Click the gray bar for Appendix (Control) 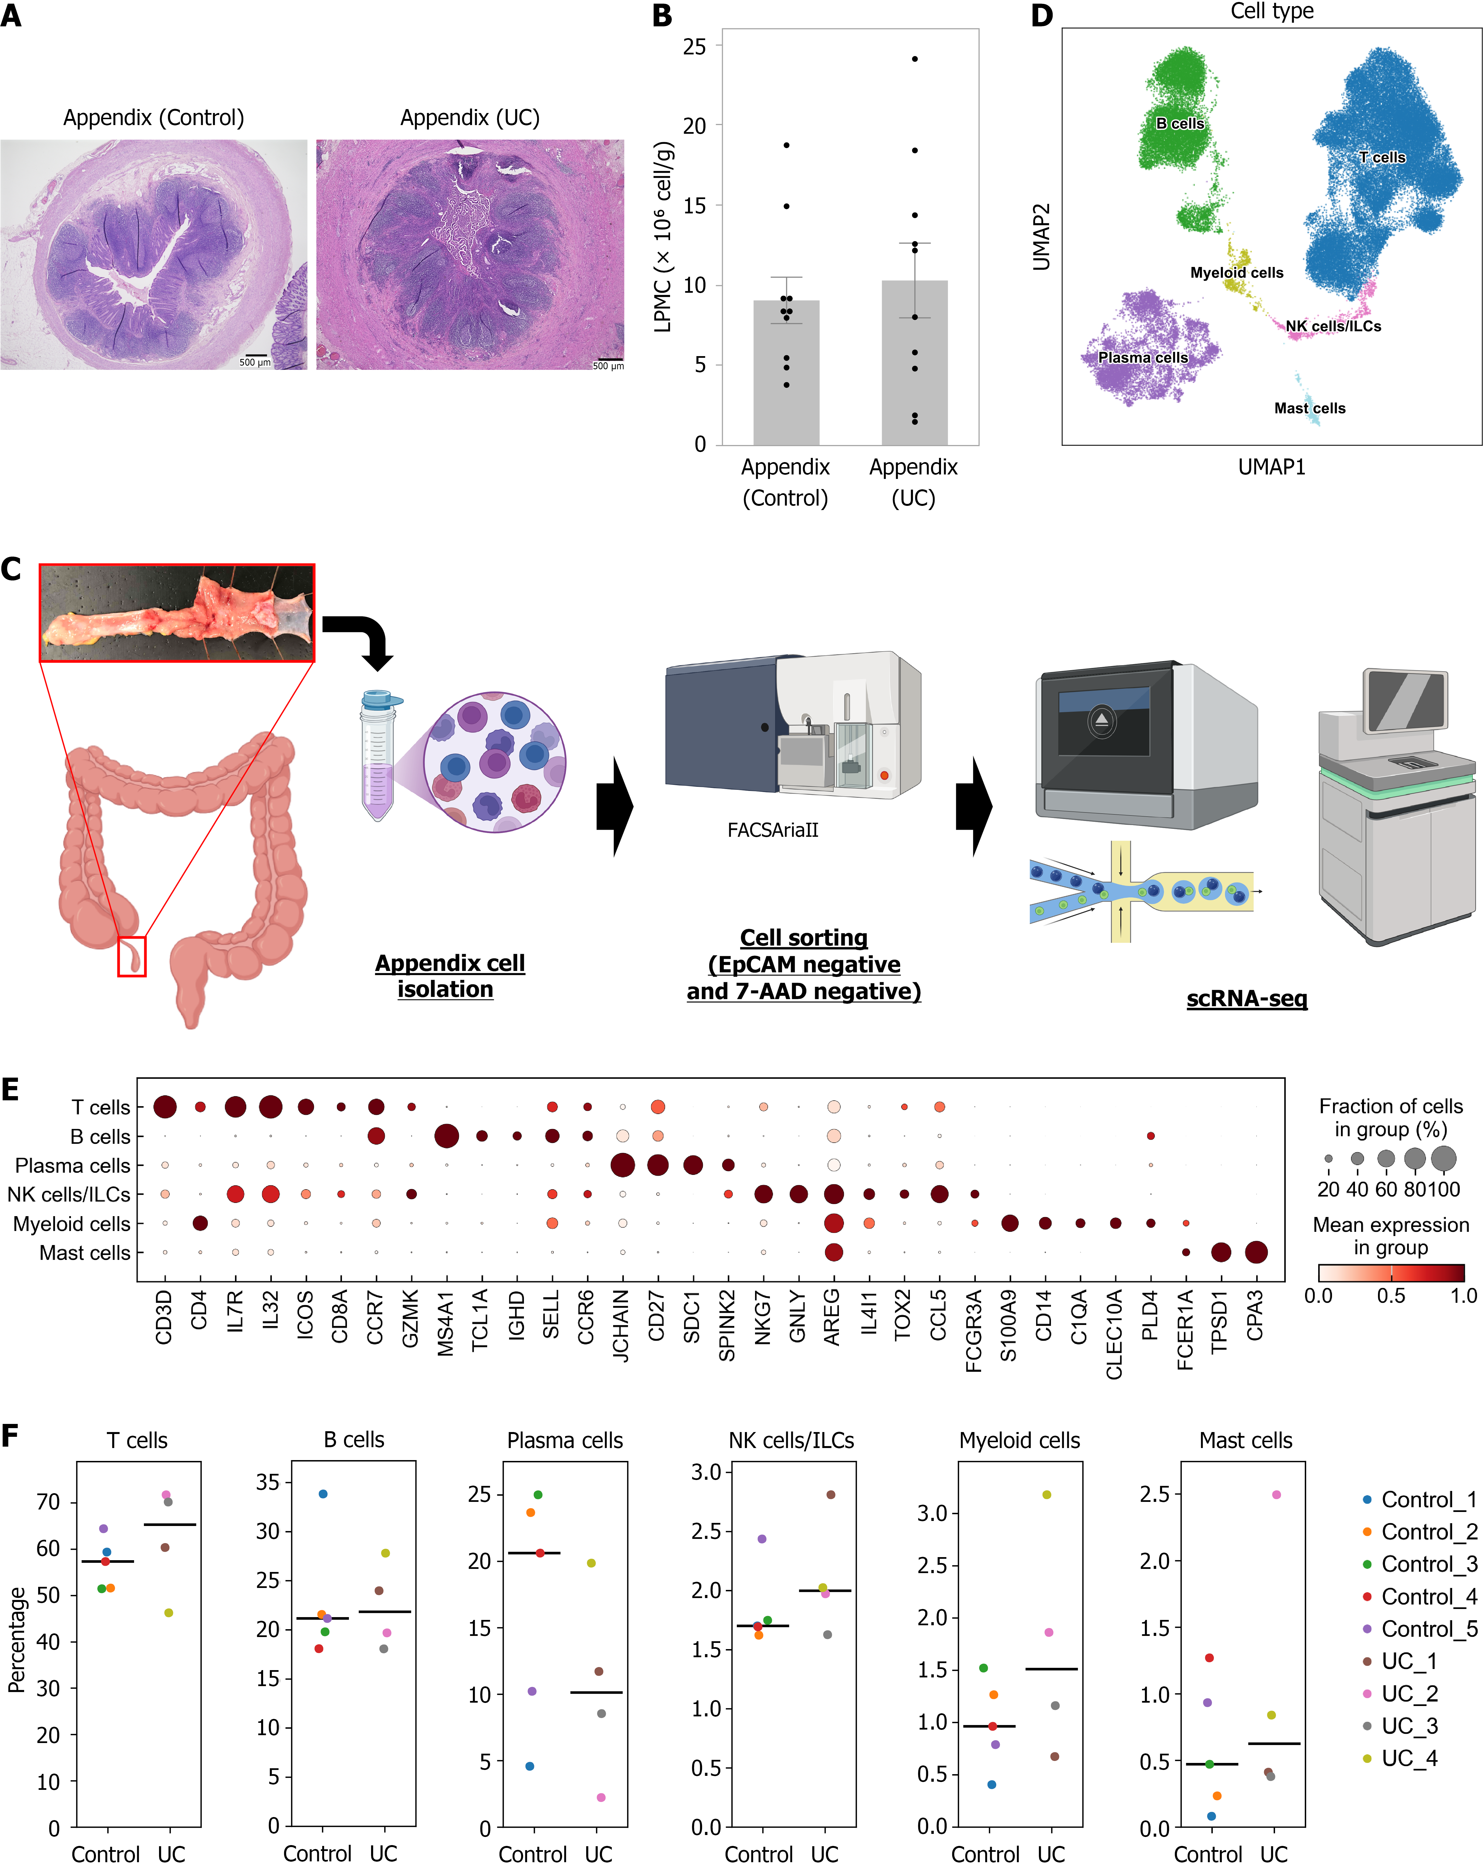(786, 373)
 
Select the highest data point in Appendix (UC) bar (915, 59)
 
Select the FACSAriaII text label (773, 830)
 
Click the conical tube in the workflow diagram (378, 754)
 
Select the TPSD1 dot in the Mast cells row (1220, 1252)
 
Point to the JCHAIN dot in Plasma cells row (622, 1165)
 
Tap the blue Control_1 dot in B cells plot (323, 1494)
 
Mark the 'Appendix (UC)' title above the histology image (470, 118)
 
